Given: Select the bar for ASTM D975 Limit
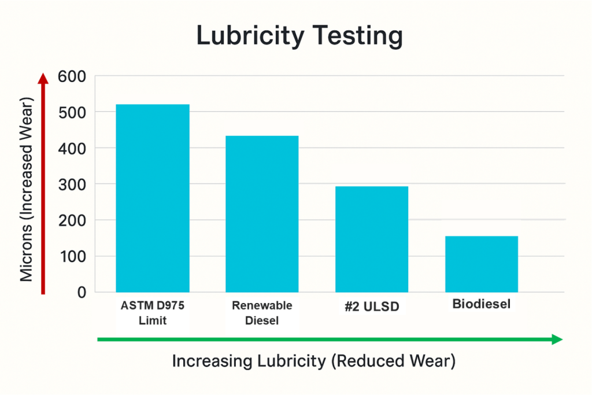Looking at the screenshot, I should (153, 198).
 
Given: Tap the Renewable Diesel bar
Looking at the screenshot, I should (262, 213).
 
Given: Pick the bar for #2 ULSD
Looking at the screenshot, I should (372, 239).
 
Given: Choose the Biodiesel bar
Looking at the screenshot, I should (481, 264).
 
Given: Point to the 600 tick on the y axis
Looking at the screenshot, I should (72, 76).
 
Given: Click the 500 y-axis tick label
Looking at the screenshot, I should (72, 112).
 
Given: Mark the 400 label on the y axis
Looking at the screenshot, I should (72, 148).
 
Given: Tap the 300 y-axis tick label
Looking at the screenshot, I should (72, 184).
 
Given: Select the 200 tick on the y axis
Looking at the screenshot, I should (72, 220).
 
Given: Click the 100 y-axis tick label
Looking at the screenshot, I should (72, 256).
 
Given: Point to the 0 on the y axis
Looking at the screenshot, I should (81, 293).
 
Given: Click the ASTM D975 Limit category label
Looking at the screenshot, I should (153, 312).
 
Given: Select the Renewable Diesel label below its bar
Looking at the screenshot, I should (262, 312).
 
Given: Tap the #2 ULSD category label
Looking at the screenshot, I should (372, 307).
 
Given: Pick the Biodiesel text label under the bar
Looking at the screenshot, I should (481, 304).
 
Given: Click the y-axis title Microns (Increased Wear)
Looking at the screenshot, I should (26, 189).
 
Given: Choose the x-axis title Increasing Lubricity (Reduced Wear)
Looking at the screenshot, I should (314, 361).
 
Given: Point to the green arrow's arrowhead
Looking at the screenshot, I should (558, 339).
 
